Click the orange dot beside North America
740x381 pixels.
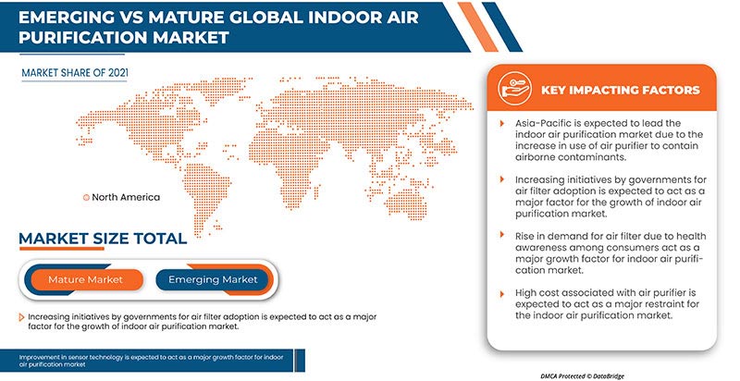point(87,197)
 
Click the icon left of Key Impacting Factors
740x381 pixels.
point(512,90)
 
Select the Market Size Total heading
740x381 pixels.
point(102,240)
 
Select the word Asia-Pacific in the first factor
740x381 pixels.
point(546,123)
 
